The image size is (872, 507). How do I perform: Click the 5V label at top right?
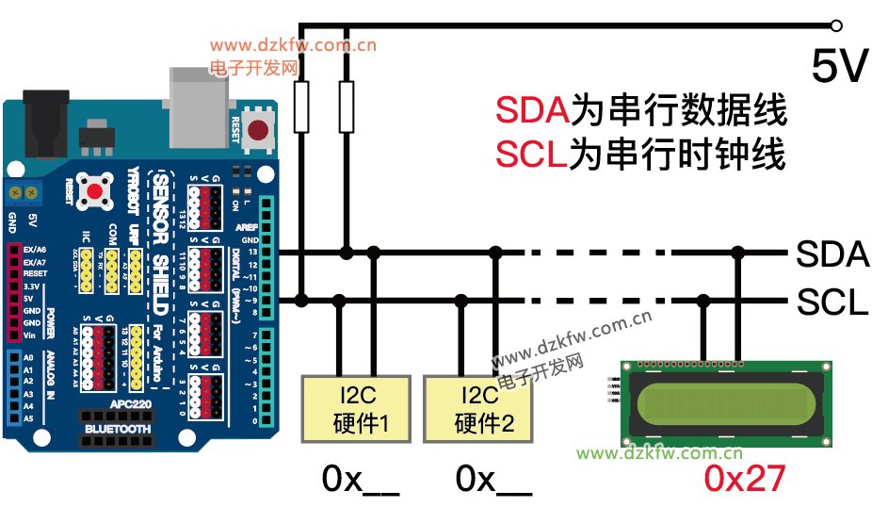(839, 66)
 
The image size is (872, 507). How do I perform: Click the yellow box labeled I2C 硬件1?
(356, 408)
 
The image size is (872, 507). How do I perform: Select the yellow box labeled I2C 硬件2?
(478, 408)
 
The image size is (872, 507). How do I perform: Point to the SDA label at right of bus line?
(832, 253)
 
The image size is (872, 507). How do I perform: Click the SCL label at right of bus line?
(832, 303)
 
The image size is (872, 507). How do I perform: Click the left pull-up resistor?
(301, 106)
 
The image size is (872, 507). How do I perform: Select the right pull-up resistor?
(347, 106)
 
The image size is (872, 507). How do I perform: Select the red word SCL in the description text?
(531, 154)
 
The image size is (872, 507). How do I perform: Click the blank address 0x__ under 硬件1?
(361, 480)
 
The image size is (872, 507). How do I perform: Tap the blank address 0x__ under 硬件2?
(493, 480)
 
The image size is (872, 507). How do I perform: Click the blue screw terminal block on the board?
(25, 192)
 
